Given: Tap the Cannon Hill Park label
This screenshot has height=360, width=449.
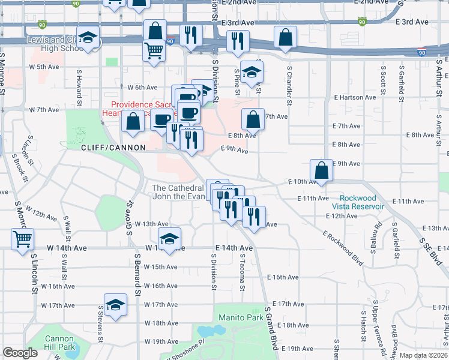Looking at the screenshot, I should coord(59,343).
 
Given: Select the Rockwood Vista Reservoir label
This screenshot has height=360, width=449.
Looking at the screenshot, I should coord(361,202).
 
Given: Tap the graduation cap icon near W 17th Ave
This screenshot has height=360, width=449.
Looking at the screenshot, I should coord(115,305).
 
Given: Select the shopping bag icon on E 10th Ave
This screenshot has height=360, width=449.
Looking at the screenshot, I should coord(322,170).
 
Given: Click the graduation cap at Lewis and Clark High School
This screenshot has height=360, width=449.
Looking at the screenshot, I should coord(88,39).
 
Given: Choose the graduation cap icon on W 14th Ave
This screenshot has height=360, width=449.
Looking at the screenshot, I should coord(169,239).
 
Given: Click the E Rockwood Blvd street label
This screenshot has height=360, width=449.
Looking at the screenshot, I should coord(343,247).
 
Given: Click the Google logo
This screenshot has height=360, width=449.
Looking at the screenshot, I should coord(20,353).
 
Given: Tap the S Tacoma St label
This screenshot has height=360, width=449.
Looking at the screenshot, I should coord(242,273).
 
